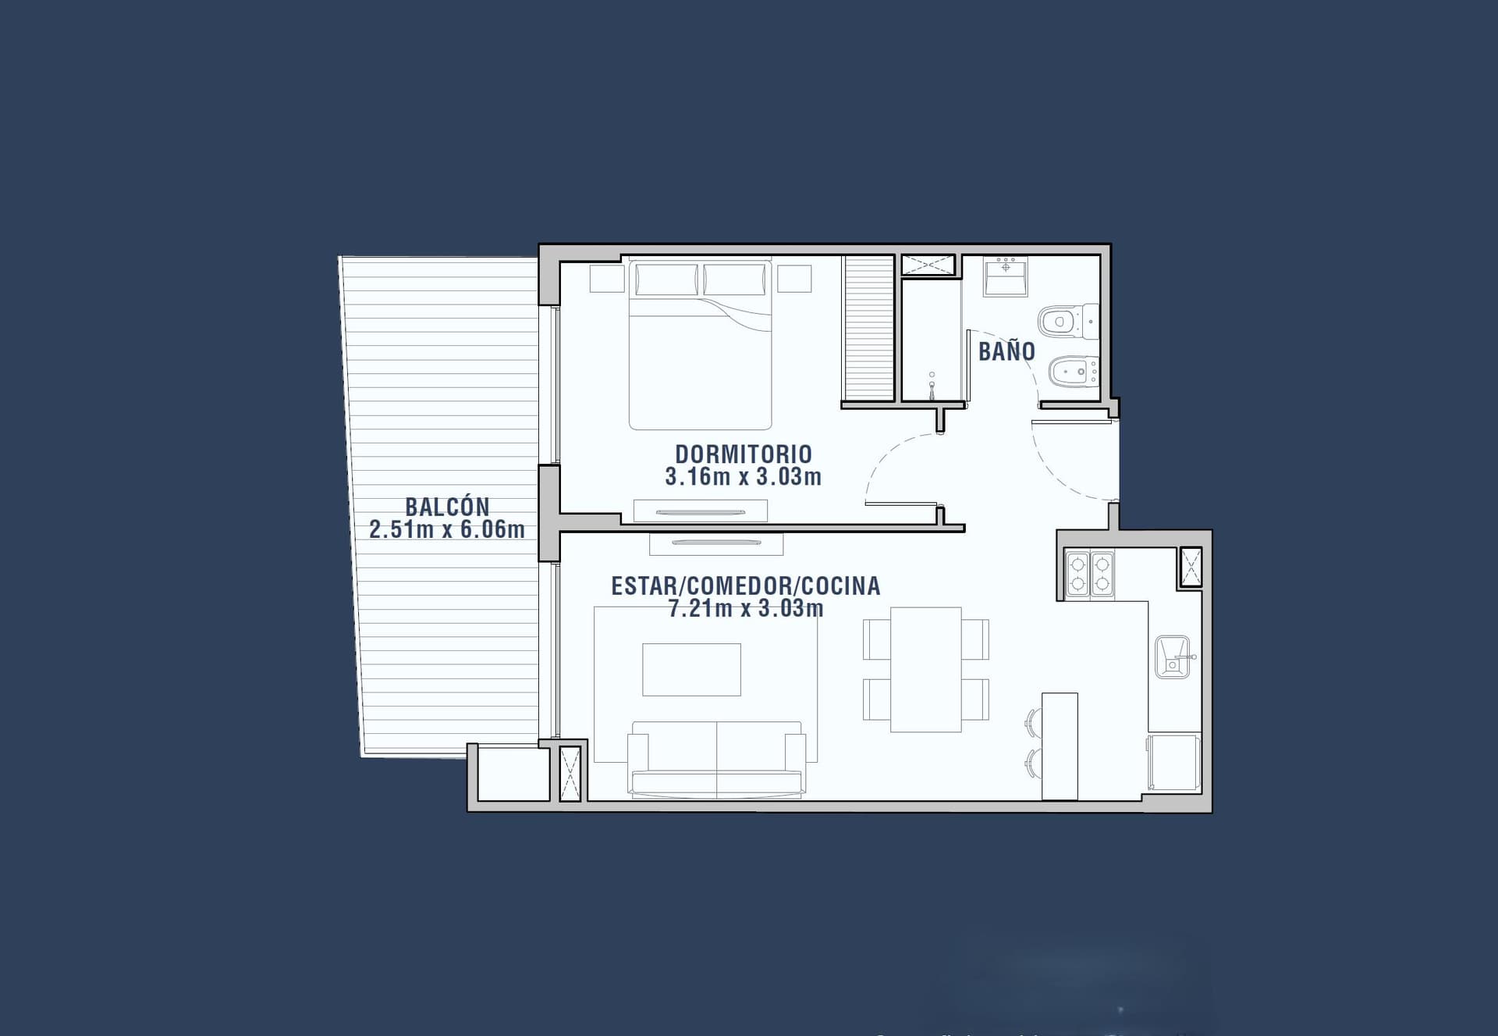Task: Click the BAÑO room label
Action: (1006, 351)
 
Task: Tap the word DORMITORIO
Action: (744, 454)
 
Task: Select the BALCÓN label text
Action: (447, 507)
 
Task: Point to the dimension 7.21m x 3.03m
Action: (746, 608)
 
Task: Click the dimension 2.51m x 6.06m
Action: (447, 529)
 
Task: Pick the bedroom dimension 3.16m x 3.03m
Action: (744, 476)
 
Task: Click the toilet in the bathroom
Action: (1068, 321)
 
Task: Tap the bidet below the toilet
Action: (1074, 372)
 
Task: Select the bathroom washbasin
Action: (1006, 277)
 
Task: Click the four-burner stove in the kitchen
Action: (1090, 574)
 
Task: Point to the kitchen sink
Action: (1173, 657)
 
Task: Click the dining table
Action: (926, 670)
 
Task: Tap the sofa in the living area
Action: (717, 760)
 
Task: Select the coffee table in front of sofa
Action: (691, 669)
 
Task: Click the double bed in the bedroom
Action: (701, 344)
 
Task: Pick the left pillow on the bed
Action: (667, 279)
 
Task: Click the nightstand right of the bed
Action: (794, 279)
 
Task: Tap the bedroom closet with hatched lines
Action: (868, 329)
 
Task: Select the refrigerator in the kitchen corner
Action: (1173, 763)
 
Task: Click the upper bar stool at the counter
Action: (1034, 722)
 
